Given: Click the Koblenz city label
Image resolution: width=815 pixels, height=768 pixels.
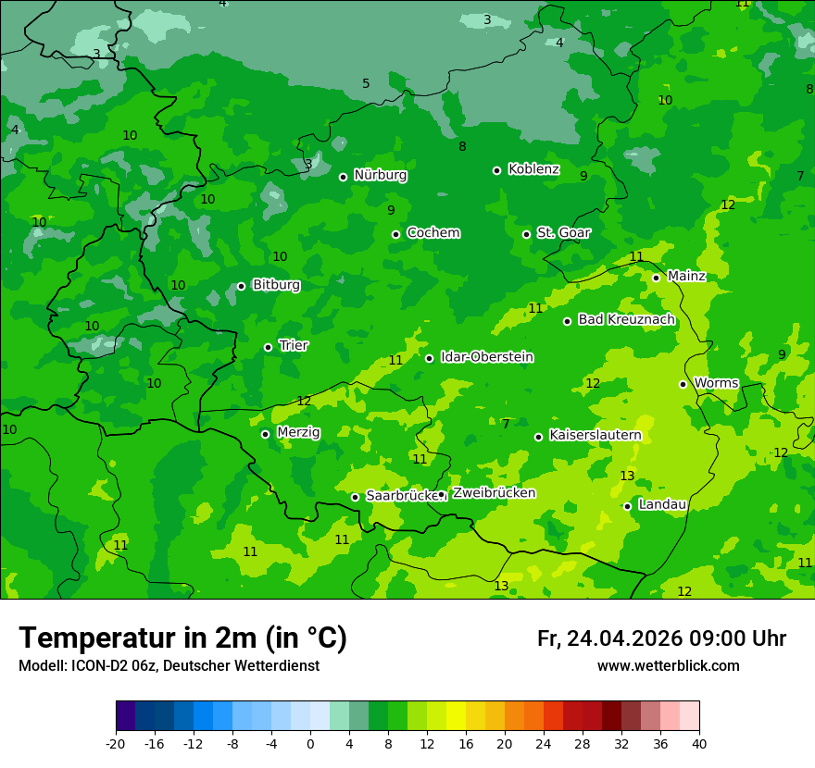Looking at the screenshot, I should pos(533,169).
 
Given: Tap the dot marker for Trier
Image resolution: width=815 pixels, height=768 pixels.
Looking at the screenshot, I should pos(269,347).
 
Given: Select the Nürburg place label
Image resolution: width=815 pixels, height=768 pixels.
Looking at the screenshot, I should pos(380,175).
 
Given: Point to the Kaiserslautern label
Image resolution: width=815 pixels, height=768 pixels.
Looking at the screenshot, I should pos(595,435).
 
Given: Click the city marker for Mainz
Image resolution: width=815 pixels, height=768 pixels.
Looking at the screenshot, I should pos(656,278).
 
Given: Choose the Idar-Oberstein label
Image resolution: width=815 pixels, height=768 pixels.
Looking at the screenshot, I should pos(486,357).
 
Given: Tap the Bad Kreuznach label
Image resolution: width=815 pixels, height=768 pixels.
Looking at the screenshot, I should pos(626,319).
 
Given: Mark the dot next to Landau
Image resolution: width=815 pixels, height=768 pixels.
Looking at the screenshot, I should pos(628,506).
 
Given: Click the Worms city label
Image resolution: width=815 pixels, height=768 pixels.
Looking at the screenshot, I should pos(716,383).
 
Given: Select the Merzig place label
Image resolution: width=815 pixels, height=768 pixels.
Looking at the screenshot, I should pos(298,432).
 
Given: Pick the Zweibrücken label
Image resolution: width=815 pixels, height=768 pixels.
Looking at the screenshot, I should pos(494,493).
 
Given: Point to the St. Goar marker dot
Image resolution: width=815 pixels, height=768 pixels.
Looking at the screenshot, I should pos(526,234).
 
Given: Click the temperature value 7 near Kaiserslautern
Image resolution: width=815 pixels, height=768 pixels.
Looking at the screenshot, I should pos(506,424).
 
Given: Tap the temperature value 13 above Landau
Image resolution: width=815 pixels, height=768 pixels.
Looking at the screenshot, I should pos(627,476).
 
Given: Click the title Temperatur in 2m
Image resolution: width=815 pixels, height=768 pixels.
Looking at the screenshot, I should pos(182,638).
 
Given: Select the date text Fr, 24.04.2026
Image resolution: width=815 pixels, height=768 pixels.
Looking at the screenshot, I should pos(609,638).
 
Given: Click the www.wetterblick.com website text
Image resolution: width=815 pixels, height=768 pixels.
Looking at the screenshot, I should pos(668,666).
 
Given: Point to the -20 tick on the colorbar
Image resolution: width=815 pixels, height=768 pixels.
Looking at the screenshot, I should pos(116,743).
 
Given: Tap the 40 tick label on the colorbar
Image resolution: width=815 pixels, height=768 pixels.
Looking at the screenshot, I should pos(699,743).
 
